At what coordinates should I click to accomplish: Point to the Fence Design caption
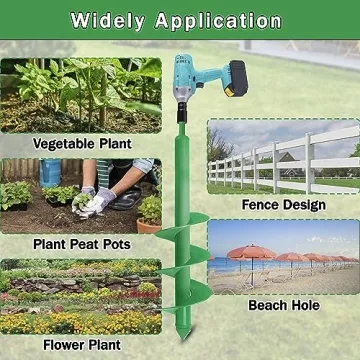284,204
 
